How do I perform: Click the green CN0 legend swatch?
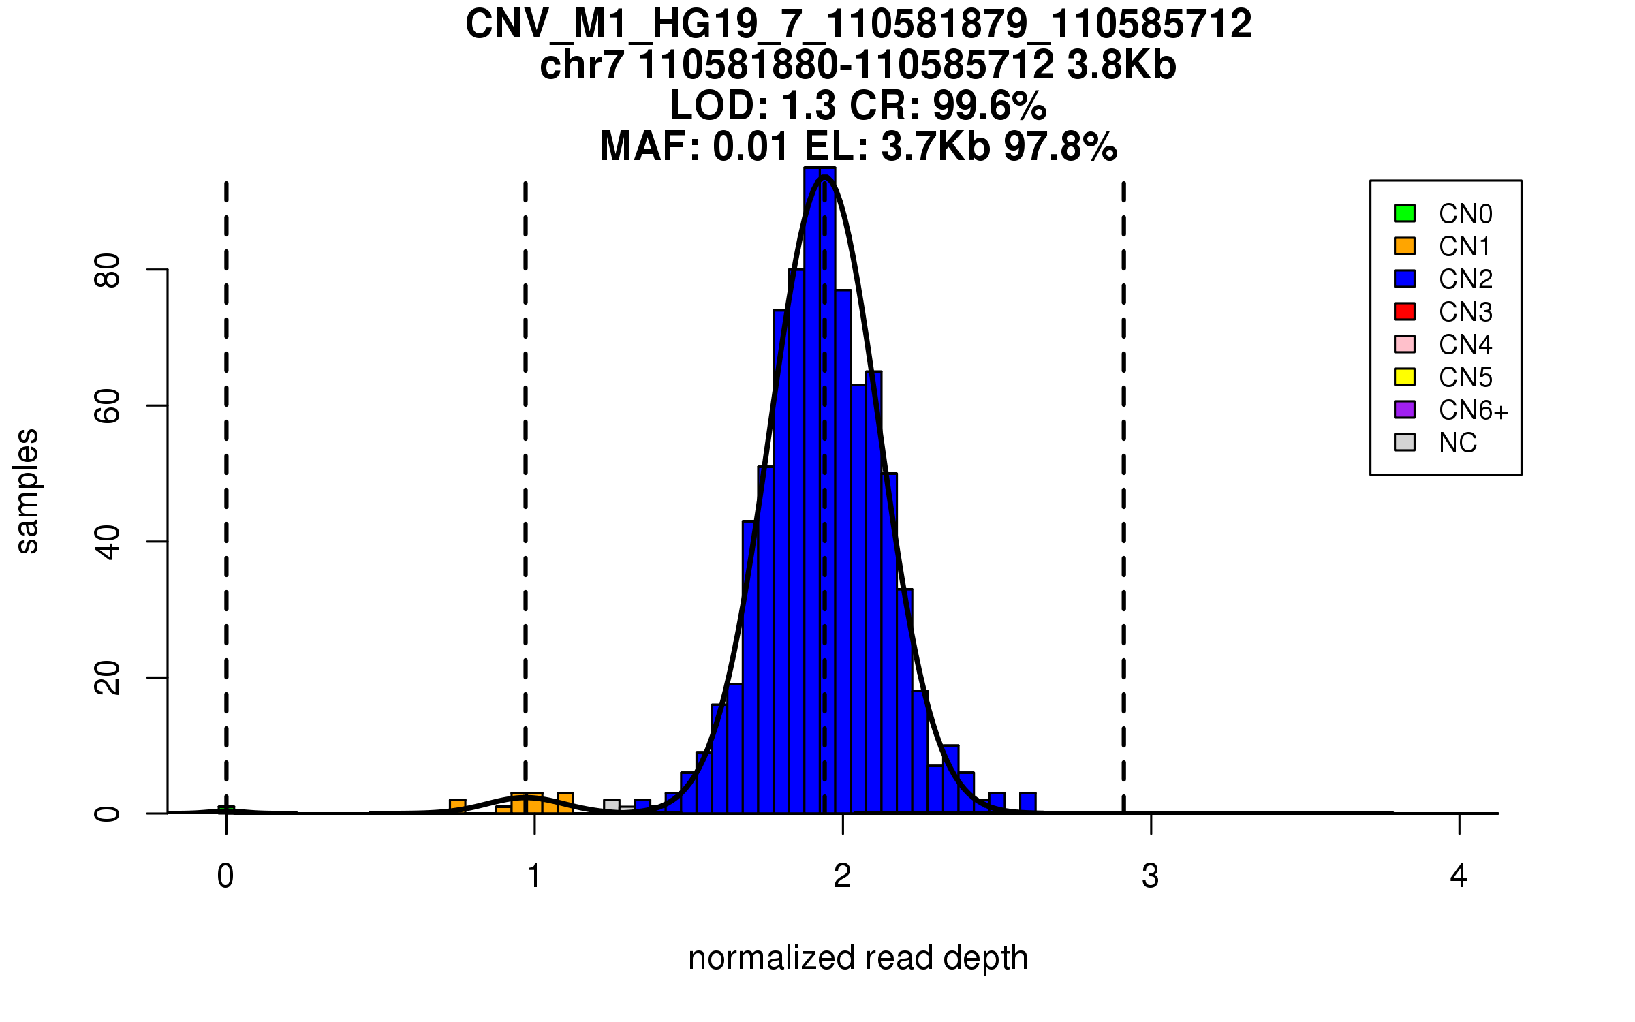pyautogui.click(x=1405, y=213)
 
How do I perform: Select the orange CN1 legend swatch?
pyautogui.click(x=1405, y=246)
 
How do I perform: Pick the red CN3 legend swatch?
pyautogui.click(x=1405, y=311)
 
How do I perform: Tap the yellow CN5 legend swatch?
pyautogui.click(x=1405, y=377)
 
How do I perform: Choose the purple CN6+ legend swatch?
pyautogui.click(x=1405, y=409)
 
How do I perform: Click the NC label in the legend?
pyautogui.click(x=1457, y=443)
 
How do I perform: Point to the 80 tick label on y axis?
pyautogui.click(x=108, y=270)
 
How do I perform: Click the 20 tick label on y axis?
pyautogui.click(x=108, y=678)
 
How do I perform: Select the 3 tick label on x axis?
pyautogui.click(x=1151, y=876)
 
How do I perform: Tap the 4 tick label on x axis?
pyautogui.click(x=1459, y=876)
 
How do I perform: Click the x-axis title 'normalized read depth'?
pyautogui.click(x=858, y=958)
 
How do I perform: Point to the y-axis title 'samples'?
pyautogui.click(x=27, y=491)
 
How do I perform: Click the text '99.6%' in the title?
pyautogui.click(x=989, y=106)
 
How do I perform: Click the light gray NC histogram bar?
pyautogui.click(x=612, y=806)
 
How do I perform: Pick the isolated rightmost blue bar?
pyautogui.click(x=1028, y=803)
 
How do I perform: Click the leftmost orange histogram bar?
pyautogui.click(x=458, y=806)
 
